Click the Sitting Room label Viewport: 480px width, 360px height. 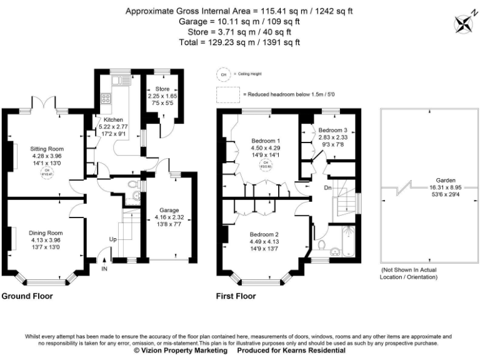[x=47, y=149]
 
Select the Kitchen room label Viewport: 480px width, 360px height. [x=114, y=119]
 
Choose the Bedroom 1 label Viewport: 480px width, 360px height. [x=266, y=140]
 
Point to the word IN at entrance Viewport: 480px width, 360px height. [x=104, y=269]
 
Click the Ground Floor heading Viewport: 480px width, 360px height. [x=27, y=296]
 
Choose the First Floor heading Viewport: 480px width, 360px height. [x=237, y=296]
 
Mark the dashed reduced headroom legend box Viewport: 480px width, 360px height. [x=228, y=94]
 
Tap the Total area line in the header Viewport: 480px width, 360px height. [x=240, y=42]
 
